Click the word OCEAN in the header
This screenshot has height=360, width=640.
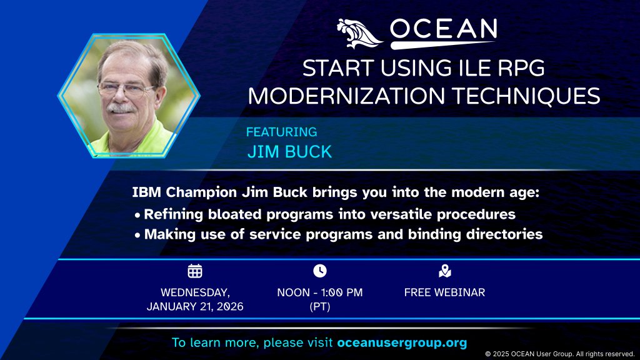click(x=443, y=29)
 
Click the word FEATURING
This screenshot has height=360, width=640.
click(x=281, y=132)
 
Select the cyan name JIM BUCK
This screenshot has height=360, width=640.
click(x=289, y=152)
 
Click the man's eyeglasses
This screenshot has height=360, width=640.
click(x=126, y=89)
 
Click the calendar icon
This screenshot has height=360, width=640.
click(x=195, y=271)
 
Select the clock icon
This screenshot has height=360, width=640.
click(x=320, y=271)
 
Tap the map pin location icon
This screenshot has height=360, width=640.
click(x=444, y=271)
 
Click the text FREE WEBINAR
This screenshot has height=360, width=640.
click(x=444, y=292)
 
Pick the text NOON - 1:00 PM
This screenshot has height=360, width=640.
click(x=320, y=292)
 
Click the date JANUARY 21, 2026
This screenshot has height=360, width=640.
click(x=195, y=306)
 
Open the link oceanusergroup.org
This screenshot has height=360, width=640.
click(x=402, y=343)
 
